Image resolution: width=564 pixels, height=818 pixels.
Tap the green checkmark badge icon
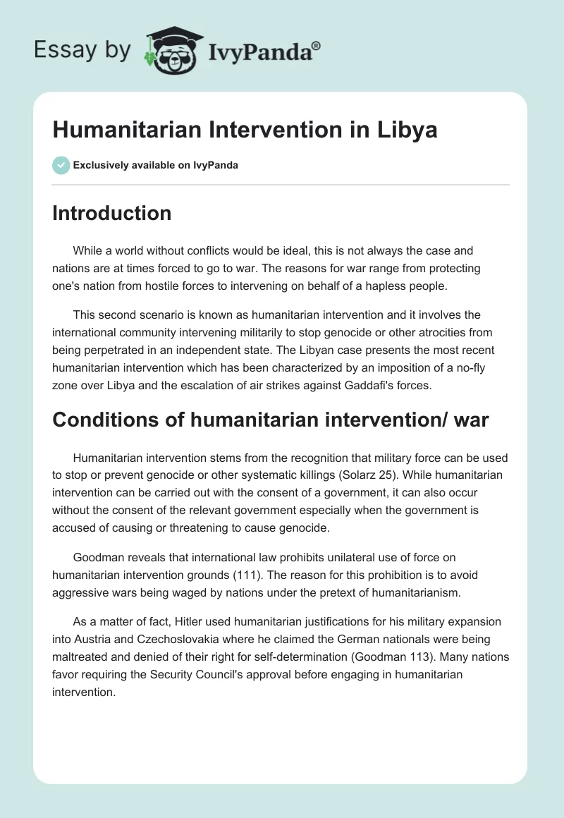[61, 165]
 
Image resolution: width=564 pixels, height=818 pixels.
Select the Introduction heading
[111, 213]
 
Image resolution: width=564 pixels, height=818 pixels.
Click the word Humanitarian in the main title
[120, 130]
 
